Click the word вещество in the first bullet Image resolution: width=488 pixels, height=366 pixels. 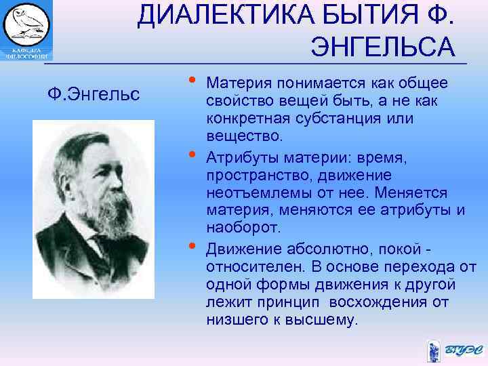pyautogui.click(x=238, y=137)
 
